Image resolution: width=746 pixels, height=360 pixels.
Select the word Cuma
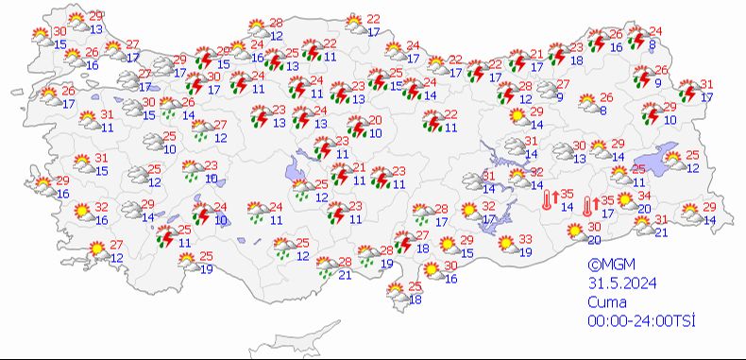coord(604,302)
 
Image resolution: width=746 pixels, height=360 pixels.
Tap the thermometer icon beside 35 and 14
coord(548,200)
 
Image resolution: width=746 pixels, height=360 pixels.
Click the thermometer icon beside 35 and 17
coord(588,206)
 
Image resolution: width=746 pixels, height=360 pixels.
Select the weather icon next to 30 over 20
coord(574,231)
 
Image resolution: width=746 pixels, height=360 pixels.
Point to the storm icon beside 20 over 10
coord(357,126)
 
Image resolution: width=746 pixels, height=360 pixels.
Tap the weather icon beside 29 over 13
coord(75,22)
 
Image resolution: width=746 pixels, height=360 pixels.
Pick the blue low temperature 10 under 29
coord(670,119)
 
